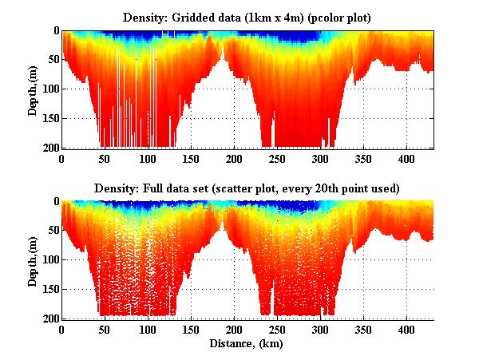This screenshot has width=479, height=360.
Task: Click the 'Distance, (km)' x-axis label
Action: pos(248,344)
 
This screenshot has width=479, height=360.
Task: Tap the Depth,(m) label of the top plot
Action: pos(33,89)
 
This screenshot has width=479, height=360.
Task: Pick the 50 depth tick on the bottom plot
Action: pos(51,231)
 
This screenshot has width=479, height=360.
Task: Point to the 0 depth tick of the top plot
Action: pos(54,31)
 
